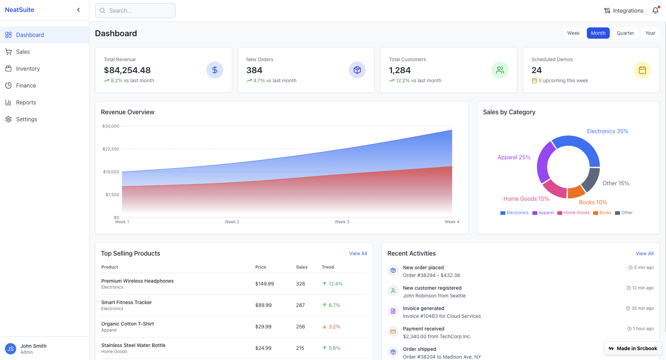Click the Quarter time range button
(625, 33)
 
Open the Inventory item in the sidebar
(28, 69)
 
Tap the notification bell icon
(655, 11)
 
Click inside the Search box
(135, 11)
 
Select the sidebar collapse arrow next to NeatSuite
(78, 10)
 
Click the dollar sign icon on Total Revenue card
(214, 70)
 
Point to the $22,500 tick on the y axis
(111, 149)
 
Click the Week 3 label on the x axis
(342, 222)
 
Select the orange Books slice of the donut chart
(576, 192)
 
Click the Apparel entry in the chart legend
(543, 213)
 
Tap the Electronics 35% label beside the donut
(607, 131)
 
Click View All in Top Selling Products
(358, 253)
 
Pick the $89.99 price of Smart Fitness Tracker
(263, 305)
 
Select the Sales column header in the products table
(302, 267)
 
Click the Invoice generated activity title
(423, 308)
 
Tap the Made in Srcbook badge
(633, 348)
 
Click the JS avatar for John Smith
(11, 349)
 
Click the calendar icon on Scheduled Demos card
(642, 70)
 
